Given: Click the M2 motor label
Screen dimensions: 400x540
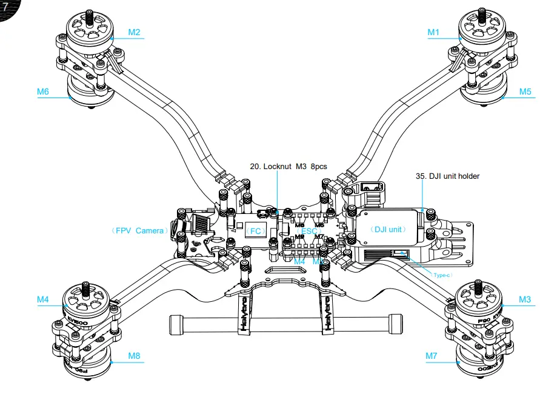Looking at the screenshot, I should point(134,32).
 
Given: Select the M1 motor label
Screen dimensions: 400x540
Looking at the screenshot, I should point(433,32).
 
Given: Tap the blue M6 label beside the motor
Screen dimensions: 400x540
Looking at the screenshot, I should point(42,92).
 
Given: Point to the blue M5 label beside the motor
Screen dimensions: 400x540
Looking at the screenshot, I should point(525,92).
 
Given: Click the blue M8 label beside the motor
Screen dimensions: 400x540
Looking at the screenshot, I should point(134,356).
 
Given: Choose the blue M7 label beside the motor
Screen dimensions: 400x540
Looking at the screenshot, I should point(431,356).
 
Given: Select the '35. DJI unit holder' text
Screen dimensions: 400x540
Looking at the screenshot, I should point(447,176).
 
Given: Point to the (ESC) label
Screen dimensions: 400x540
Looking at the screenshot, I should point(309,231).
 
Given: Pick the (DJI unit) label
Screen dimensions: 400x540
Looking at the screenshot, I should point(388,230).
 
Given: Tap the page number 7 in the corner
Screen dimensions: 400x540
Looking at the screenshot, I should point(5,7).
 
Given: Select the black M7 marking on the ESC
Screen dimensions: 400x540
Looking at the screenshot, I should point(319,237).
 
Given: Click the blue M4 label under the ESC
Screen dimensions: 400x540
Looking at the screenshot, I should point(300,261).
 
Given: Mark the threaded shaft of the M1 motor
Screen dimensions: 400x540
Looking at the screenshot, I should point(482,18).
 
